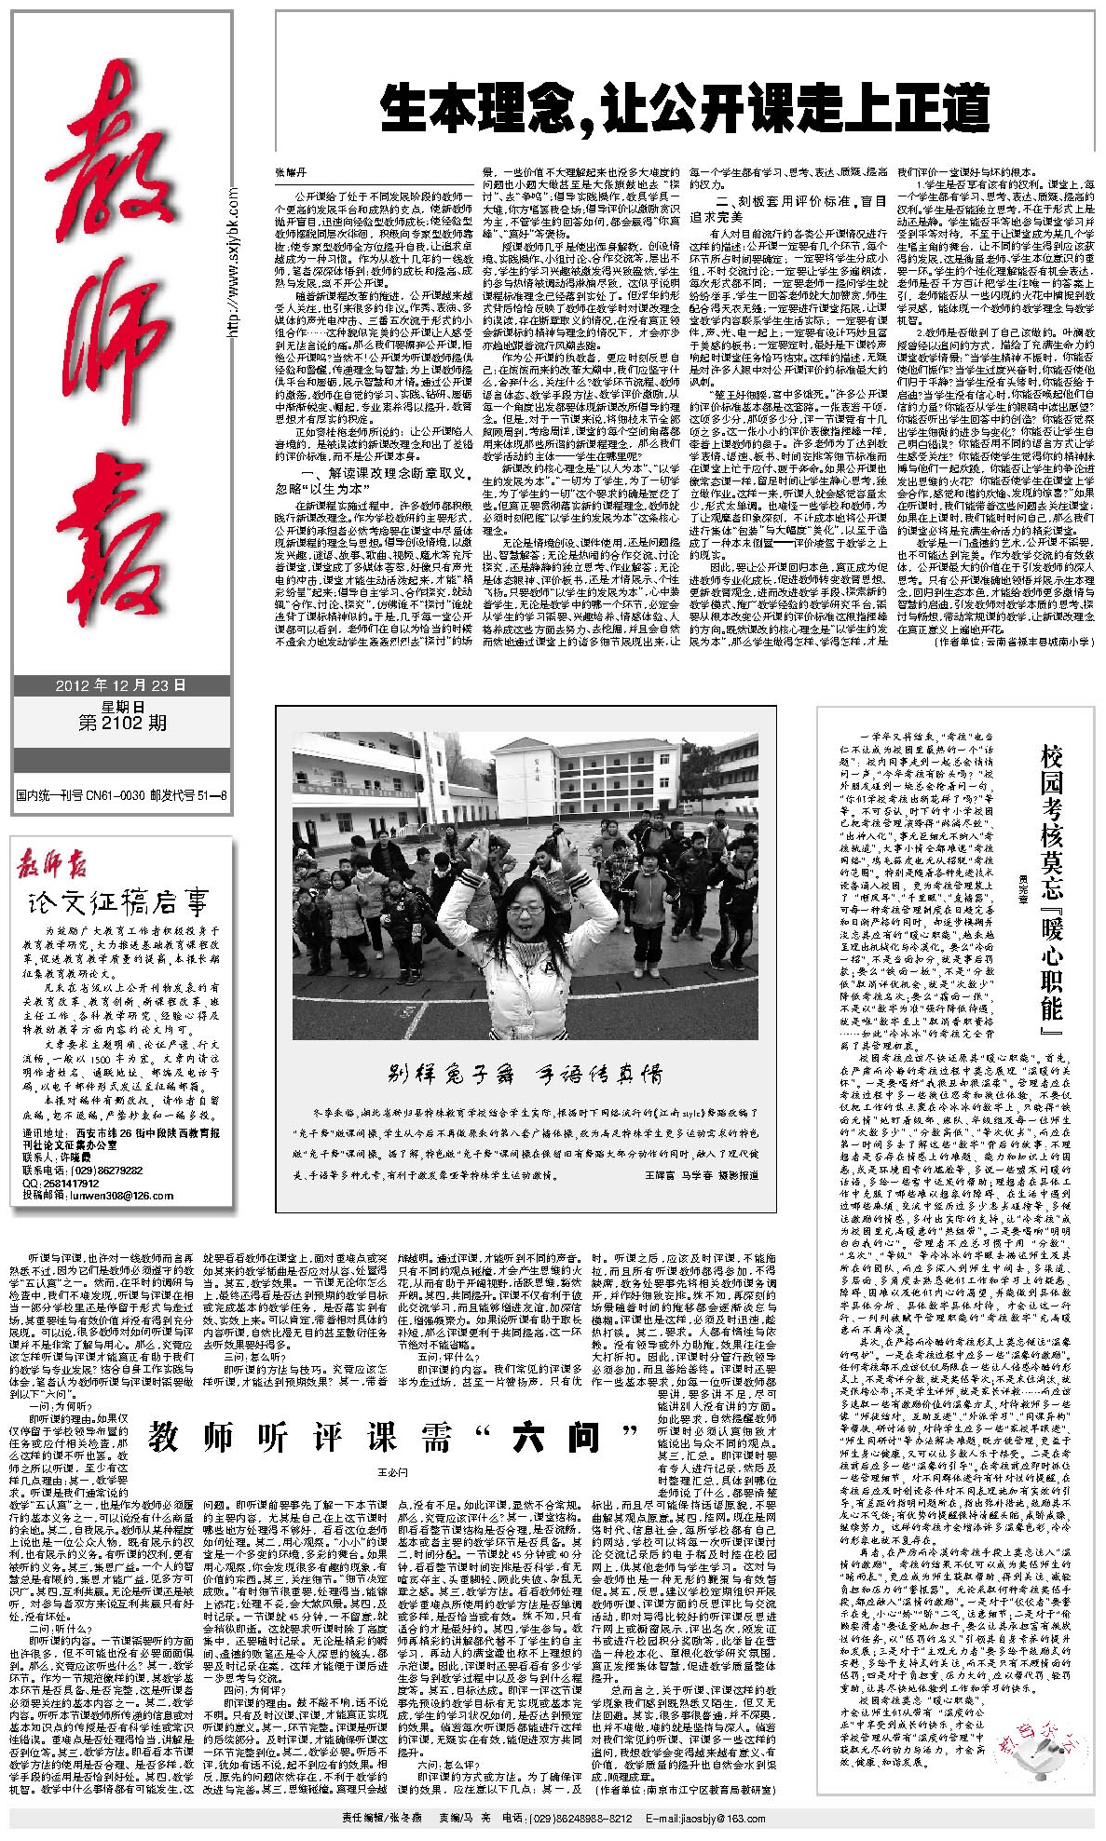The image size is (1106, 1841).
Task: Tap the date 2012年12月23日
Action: (x=121, y=685)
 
